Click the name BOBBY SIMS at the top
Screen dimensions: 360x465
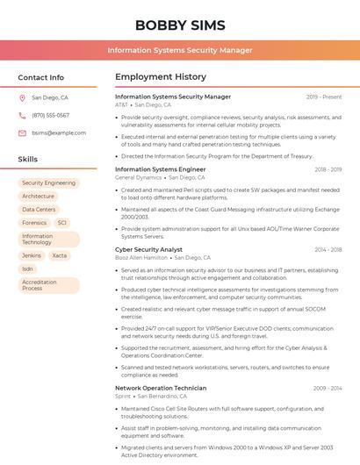pos(180,25)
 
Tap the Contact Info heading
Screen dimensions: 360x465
pos(40,77)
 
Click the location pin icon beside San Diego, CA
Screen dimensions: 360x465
pos(22,97)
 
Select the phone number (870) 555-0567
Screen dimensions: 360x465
pos(50,115)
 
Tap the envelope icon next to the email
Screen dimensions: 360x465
pos(22,132)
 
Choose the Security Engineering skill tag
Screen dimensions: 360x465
pos(48,182)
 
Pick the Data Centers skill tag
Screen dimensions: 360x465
pos(39,210)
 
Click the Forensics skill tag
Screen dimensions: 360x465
pos(34,223)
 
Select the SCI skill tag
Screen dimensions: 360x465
pos(62,223)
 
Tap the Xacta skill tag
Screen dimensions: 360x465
pos(59,255)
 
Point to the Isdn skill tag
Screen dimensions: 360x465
pos(28,268)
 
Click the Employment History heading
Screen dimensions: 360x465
pos(161,77)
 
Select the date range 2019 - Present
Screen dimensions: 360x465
pos(324,97)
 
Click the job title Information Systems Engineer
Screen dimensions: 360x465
pos(161,169)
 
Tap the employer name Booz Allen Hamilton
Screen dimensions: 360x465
pos(141,258)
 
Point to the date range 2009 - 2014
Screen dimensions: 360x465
pos(327,388)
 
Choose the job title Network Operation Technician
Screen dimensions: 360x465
pos(161,388)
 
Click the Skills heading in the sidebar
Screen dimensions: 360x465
pos(27,159)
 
